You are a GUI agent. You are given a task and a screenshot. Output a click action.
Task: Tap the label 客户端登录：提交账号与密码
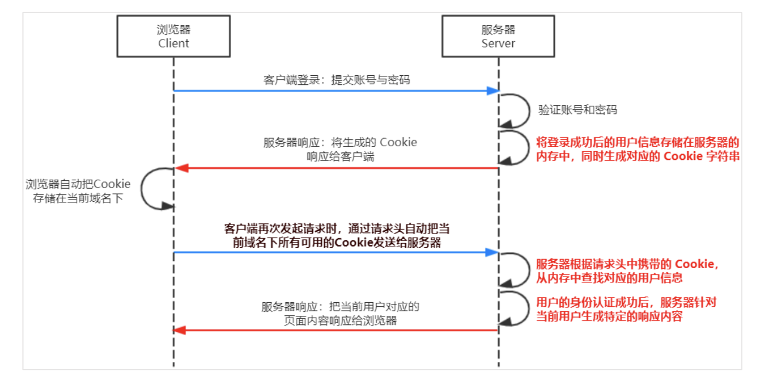click(337, 79)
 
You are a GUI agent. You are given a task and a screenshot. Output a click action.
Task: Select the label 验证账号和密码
click(569, 110)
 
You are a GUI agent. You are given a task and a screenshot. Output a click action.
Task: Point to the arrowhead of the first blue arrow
click(493, 91)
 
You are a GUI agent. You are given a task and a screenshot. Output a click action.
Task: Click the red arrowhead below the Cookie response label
click(180, 168)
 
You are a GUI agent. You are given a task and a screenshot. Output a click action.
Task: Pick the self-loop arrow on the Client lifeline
click(152, 188)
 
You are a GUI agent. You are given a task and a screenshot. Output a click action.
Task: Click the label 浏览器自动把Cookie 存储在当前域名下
click(78, 190)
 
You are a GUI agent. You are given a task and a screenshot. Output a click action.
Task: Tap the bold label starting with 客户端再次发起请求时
click(336, 235)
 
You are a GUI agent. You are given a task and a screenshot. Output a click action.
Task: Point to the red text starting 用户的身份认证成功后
click(626, 309)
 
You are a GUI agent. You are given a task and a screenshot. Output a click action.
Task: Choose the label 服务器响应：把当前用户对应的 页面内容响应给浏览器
click(340, 313)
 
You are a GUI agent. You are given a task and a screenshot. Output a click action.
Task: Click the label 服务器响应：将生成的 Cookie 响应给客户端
click(340, 149)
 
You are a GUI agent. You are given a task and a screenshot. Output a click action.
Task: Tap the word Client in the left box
click(173, 43)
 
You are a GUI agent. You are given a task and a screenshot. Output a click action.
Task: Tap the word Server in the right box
click(498, 43)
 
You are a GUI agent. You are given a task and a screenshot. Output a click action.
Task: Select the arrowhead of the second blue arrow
click(493, 252)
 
